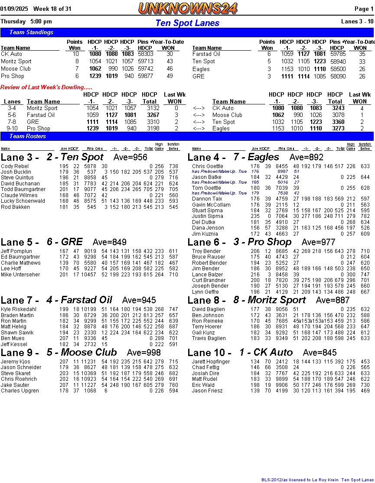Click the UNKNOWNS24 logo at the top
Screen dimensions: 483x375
tap(188, 8)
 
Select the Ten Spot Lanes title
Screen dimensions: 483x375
tap(187, 23)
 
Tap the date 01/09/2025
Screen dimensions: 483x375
tap(14, 9)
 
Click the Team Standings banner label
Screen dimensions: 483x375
tap(31, 32)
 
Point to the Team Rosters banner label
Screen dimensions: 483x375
tap(28, 136)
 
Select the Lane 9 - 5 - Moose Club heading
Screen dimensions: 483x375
tap(59, 352)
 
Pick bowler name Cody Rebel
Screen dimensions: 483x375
tap(15, 166)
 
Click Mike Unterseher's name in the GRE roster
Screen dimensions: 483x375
tap(20, 275)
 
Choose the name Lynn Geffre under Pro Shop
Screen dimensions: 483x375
tap(205, 292)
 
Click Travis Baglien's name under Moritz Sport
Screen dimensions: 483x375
tap(209, 338)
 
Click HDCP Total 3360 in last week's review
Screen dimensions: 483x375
tap(335, 122)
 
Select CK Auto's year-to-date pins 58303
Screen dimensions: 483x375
tap(145, 54)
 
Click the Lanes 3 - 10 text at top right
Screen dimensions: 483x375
tap(357, 21)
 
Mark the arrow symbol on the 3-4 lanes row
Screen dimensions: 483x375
tap(199, 108)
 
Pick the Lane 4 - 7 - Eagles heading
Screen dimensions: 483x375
tap(233, 157)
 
